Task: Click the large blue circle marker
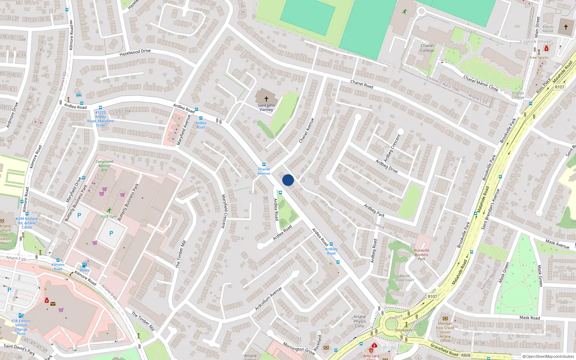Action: (288, 180)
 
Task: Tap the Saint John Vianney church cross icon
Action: (266, 99)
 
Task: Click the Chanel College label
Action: (427, 48)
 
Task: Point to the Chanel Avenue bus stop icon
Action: (264, 165)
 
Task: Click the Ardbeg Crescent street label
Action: (392, 148)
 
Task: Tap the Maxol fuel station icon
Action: (84, 265)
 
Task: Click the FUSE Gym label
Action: (109, 217)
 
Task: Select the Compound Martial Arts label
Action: (104, 166)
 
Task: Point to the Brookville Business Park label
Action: (422, 255)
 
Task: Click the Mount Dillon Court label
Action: (405, 278)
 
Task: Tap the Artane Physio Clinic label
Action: (360, 321)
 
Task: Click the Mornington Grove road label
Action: (299, 348)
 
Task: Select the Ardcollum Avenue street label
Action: (268, 299)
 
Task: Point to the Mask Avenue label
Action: (557, 244)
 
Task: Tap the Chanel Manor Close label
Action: (481, 83)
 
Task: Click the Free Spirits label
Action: (539, 58)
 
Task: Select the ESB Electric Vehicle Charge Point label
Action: (21, 327)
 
